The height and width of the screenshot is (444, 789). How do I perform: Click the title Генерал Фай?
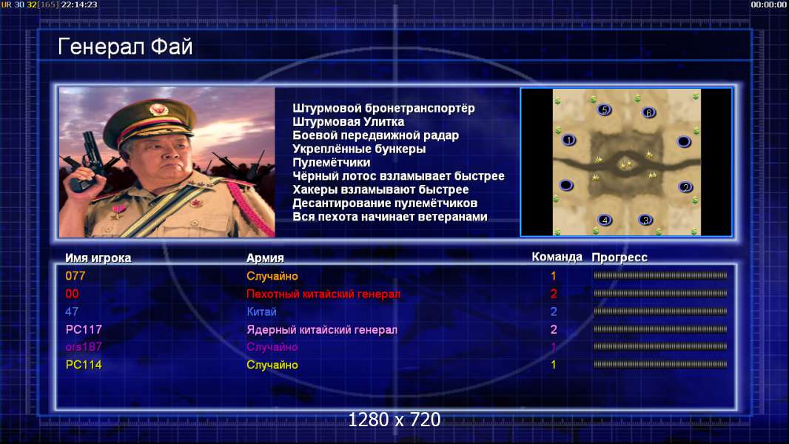pos(125,47)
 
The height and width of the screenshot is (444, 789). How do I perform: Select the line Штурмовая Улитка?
pos(348,121)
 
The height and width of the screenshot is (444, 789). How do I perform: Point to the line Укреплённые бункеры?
pos(359,149)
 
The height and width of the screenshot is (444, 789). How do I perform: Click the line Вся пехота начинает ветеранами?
pos(390,217)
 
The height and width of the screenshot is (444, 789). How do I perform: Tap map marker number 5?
pos(604,110)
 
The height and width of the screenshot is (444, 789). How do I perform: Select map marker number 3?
pos(645,220)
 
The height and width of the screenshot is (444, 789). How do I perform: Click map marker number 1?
pos(568,140)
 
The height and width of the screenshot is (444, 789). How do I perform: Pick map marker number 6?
pos(648,112)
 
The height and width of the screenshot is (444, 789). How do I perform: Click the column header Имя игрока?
pos(98,258)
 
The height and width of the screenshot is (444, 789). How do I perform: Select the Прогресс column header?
pos(620,258)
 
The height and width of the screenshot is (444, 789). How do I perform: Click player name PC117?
pos(84,329)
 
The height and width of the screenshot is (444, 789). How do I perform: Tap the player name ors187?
pos(84,347)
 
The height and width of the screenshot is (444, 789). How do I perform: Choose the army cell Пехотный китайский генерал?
pos(323,294)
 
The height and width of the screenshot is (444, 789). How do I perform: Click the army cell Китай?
pos(262,312)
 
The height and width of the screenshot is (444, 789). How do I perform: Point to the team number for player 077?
pos(554,276)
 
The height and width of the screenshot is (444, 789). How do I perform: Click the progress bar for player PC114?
pos(660,364)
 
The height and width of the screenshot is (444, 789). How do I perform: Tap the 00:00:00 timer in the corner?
pos(768,4)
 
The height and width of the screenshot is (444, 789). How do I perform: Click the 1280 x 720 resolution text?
pos(394,420)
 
